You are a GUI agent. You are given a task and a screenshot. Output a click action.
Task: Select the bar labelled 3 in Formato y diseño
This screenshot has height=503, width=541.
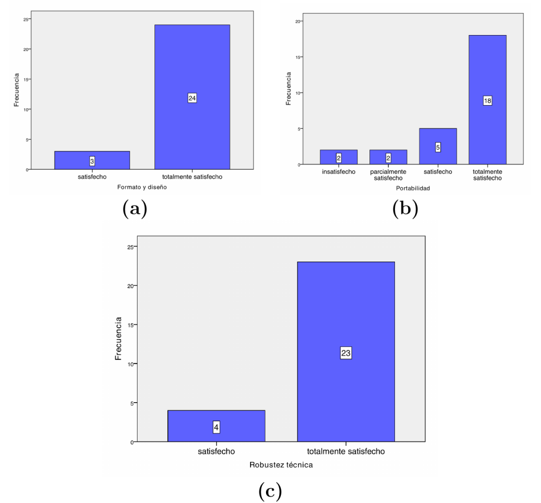[92, 160]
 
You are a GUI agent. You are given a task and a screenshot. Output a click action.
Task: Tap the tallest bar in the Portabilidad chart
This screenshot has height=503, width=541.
[487, 100]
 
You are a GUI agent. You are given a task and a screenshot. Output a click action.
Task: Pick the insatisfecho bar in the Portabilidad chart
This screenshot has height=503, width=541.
[338, 157]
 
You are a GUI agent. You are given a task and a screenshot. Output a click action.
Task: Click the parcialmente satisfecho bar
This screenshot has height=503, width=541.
[388, 157]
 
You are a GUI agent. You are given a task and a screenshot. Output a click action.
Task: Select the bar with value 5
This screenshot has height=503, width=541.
[437, 146]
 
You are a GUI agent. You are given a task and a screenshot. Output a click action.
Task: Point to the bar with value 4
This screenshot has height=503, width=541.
[216, 426]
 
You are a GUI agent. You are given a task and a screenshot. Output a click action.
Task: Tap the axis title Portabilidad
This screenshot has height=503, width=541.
[413, 188]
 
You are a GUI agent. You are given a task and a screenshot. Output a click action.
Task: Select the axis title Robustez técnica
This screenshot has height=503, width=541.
[281, 465]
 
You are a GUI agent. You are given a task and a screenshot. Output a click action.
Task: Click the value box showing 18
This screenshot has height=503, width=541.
[487, 100]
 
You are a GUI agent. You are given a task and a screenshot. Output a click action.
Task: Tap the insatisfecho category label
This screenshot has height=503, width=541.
[338, 172]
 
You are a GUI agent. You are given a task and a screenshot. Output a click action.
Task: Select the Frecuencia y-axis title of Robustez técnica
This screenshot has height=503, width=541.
[118, 339]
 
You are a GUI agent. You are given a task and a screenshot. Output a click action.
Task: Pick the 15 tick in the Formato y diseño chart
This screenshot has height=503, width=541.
[28, 80]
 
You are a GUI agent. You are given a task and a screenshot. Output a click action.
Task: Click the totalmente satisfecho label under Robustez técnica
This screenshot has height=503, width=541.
[346, 452]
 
